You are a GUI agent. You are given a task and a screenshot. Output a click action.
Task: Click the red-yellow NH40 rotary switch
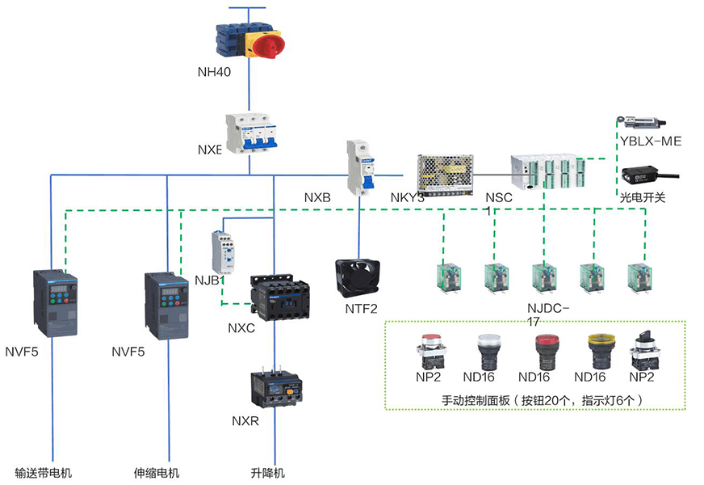(x=249, y=39)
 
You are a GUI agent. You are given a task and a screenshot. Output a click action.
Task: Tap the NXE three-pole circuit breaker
(x=251, y=133)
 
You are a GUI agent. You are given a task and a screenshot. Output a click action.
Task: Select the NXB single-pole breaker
(x=362, y=167)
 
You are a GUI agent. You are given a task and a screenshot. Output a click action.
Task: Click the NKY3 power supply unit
(x=443, y=174)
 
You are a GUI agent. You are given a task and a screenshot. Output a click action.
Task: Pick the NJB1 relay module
(x=223, y=251)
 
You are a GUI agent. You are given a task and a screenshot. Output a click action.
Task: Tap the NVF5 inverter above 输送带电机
(x=56, y=303)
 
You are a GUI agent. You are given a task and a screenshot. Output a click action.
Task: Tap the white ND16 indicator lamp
(x=489, y=350)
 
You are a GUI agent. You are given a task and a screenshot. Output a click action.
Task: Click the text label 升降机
(x=268, y=473)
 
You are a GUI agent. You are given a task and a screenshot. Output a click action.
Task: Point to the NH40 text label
(x=214, y=71)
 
